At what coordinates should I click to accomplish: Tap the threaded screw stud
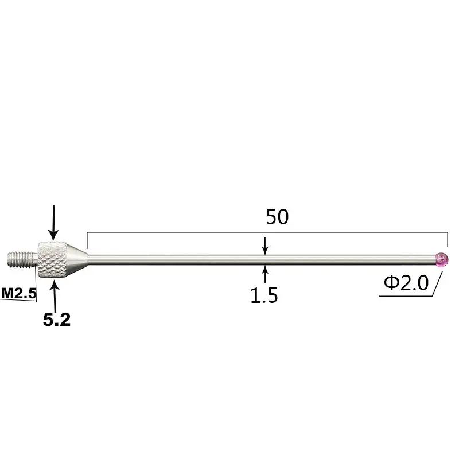(23, 259)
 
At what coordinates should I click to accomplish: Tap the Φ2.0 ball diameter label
(406, 283)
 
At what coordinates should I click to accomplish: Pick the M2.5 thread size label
(18, 293)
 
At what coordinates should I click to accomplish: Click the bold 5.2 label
(57, 320)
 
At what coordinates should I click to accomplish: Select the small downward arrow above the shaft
(264, 246)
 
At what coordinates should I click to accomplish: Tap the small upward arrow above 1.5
(264, 274)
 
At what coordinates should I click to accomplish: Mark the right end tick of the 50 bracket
(447, 240)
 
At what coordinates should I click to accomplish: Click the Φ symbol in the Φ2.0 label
(391, 283)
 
